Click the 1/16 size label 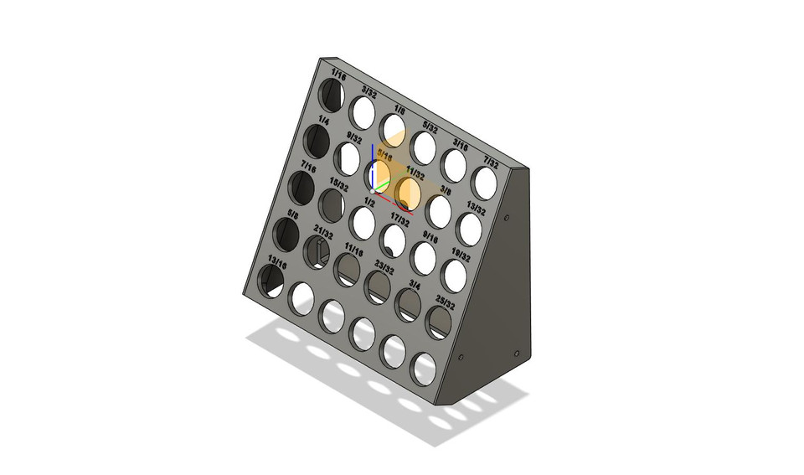click(x=338, y=75)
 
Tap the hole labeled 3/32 click(x=363, y=111)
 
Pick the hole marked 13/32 click(x=471, y=230)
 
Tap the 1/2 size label click(x=369, y=202)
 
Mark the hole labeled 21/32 click(x=317, y=251)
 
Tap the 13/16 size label click(x=277, y=260)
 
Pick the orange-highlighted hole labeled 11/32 click(x=409, y=193)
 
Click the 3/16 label click(x=461, y=143)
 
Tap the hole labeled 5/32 click(x=424, y=147)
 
